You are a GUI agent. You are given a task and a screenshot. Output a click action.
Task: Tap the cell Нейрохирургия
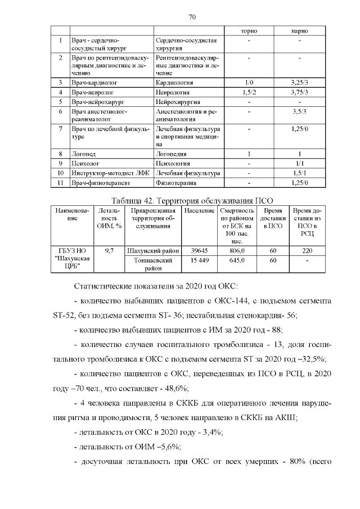(x=177, y=102)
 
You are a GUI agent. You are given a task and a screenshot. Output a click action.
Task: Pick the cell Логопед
(x=83, y=153)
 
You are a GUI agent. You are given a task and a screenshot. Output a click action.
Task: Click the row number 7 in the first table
(x=60, y=129)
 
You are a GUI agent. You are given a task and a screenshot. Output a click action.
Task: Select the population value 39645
(x=199, y=251)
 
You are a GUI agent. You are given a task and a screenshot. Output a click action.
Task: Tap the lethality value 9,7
(x=110, y=251)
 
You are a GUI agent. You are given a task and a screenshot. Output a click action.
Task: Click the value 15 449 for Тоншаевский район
(x=199, y=261)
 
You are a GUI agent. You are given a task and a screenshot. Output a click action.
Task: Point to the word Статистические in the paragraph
(x=104, y=287)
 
